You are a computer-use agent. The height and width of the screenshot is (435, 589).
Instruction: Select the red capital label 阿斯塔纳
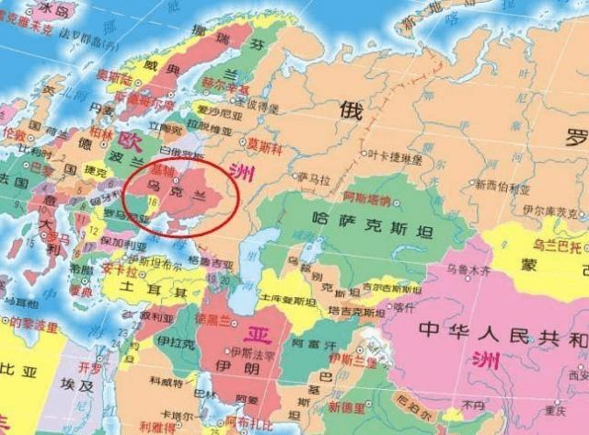[x=365, y=197]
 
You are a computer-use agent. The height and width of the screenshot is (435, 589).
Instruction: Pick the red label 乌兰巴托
[x=557, y=247]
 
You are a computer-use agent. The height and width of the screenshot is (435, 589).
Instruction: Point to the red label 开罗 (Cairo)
[x=89, y=366]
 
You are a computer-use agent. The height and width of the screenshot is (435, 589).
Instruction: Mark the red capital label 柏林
[x=101, y=132]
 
